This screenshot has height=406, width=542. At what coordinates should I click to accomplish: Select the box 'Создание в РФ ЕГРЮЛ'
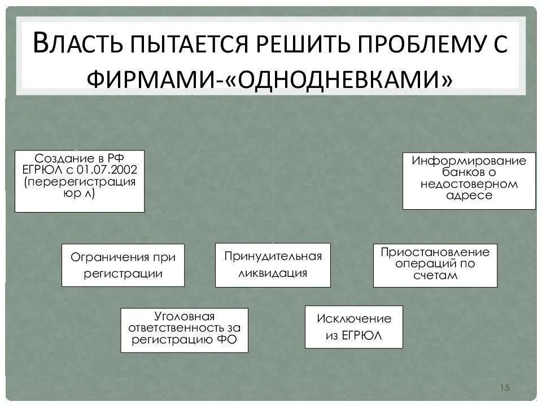pos(79,181)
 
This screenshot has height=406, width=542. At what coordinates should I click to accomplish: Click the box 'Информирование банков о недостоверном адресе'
pos(469,180)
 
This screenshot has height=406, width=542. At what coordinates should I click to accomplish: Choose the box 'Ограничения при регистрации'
pos(123,265)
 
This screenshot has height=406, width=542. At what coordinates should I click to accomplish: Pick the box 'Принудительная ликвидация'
pos(273,264)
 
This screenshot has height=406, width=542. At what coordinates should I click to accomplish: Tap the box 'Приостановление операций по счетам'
pos(435,265)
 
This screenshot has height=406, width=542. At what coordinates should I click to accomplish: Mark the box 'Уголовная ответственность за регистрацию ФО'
pos(184,330)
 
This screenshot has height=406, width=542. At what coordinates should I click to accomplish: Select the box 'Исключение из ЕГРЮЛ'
pos(353,327)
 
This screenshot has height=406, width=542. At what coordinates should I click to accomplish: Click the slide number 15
pos(504,387)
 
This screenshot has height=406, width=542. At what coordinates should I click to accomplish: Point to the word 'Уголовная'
pos(185,317)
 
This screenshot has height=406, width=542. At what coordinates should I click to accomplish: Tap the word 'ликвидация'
pos(273,273)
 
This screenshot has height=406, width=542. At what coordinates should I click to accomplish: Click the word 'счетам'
pos(435,276)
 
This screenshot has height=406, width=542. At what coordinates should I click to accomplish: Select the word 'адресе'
pos(469,196)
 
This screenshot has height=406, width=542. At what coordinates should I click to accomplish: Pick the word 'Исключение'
pos(354,319)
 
